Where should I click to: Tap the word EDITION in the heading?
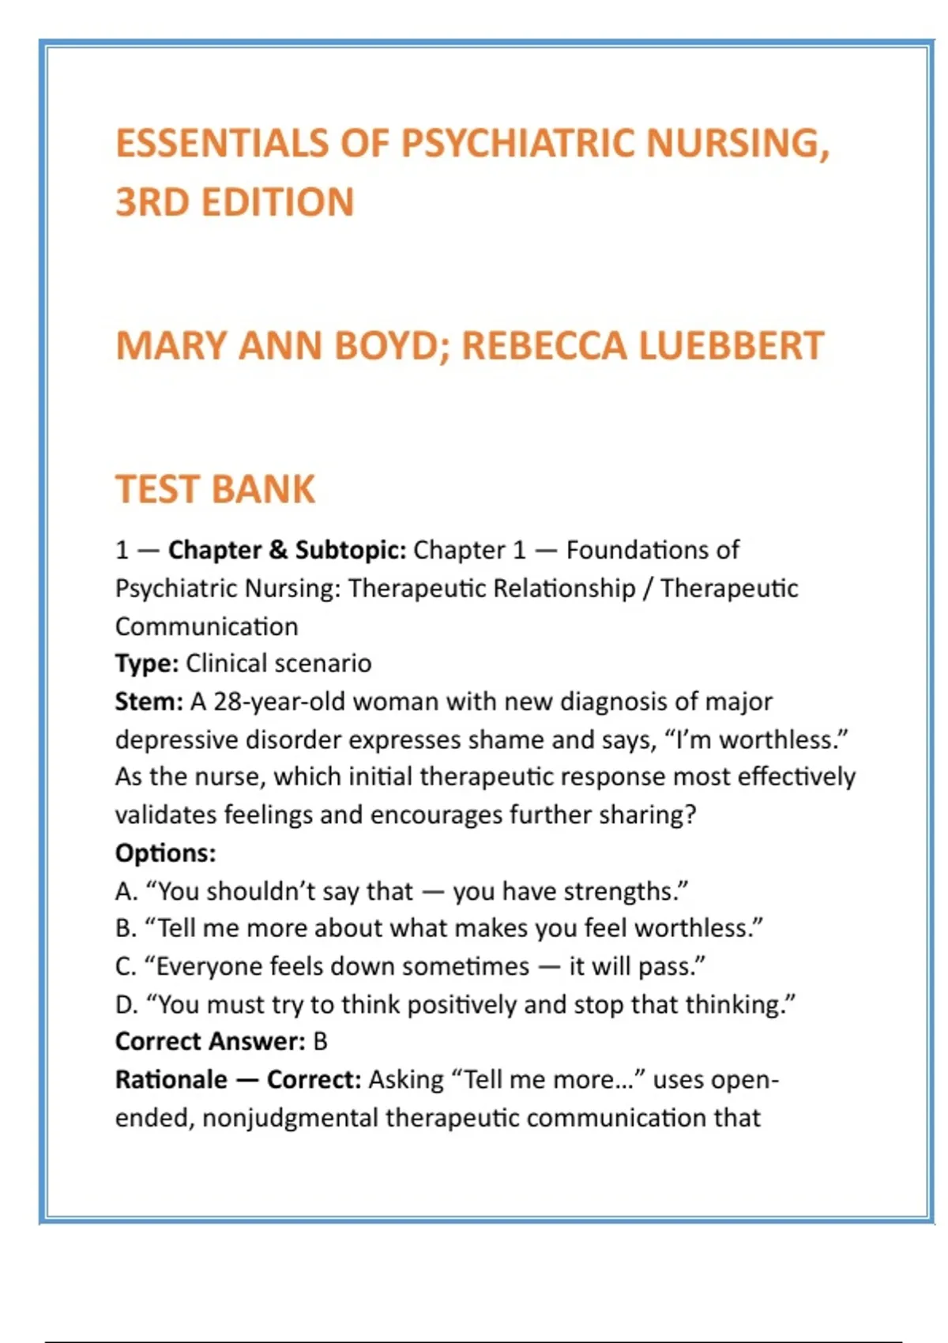277,202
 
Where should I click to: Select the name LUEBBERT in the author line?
731,346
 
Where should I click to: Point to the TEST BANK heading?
215,489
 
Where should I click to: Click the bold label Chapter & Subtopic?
287,550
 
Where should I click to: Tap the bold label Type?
147,664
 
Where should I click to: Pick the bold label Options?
165,853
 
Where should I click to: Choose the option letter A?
126,891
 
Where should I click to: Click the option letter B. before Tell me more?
126,928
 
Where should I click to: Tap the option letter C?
126,966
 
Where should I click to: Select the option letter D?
126,1004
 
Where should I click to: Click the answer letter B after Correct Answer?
320,1042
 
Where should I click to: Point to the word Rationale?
171,1080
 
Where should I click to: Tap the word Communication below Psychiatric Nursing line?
207,626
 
